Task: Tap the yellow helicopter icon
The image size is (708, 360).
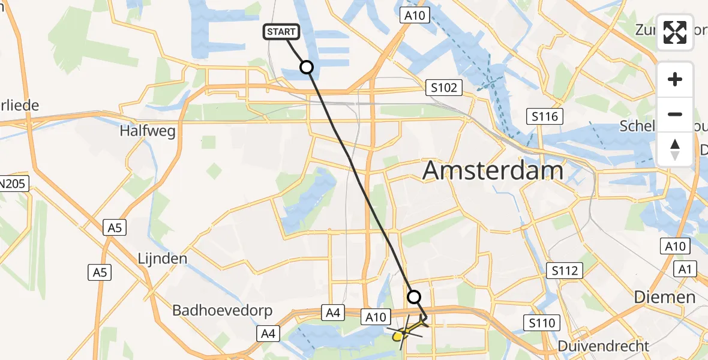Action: tap(406, 331)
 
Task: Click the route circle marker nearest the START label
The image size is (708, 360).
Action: tap(307, 67)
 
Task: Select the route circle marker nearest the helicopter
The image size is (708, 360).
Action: tap(414, 296)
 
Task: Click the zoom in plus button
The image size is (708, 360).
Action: tap(675, 79)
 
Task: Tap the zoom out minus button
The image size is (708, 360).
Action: tap(675, 114)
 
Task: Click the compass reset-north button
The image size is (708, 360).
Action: tap(675, 149)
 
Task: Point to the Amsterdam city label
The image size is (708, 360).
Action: tap(493, 171)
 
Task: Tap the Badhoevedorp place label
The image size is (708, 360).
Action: tap(223, 310)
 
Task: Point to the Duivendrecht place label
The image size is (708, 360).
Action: tap(603, 346)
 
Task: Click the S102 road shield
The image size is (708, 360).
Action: tap(444, 88)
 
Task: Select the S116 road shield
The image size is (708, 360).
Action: tap(545, 116)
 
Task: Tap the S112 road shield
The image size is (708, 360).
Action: tap(566, 271)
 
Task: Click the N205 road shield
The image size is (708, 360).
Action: tap(13, 184)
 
